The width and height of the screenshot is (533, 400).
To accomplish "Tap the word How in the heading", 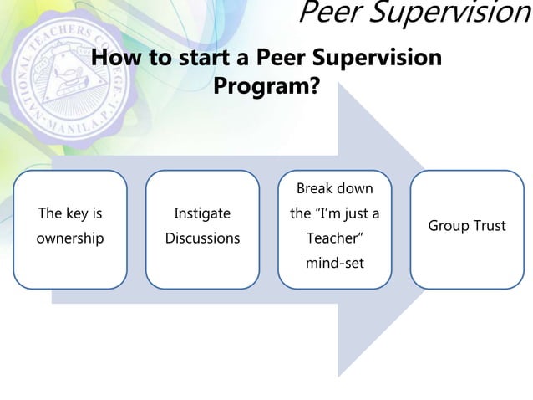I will pos(115,59).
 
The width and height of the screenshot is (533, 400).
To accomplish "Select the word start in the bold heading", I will pos(193,59).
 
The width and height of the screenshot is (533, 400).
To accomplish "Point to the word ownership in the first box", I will pos(69,238).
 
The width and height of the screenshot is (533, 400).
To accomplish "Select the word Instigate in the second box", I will pos(202,213).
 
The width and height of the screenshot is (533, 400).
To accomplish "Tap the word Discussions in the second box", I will pos(202,238).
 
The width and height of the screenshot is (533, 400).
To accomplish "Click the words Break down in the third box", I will pos(334,188).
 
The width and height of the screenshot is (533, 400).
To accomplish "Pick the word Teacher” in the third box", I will pos(334,238).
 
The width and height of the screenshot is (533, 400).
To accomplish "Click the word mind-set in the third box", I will pos(334,264).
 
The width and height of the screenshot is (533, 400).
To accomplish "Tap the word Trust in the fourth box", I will pos(490,226).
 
